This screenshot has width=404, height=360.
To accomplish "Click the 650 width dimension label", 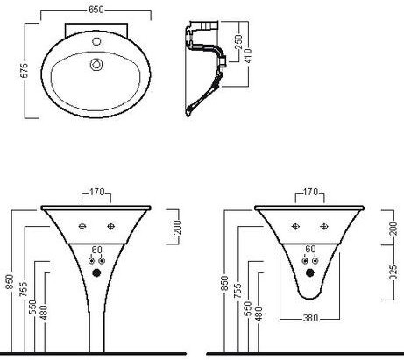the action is [x=96, y=10].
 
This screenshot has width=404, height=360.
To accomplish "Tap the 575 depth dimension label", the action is [x=25, y=70].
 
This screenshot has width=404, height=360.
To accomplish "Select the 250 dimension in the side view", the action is [x=238, y=42].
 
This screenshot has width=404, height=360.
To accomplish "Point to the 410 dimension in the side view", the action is [x=248, y=56].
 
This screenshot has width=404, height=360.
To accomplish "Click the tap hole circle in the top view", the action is [x=96, y=41].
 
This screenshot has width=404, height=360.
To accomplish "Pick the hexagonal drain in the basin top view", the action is [x=96, y=65].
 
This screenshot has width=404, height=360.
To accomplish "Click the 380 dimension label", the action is [x=310, y=318].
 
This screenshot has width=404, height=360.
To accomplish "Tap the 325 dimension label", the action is [x=393, y=272].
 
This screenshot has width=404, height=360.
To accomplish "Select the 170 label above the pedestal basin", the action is [x=96, y=192].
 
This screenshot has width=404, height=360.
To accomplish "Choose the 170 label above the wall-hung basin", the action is [x=310, y=192].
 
